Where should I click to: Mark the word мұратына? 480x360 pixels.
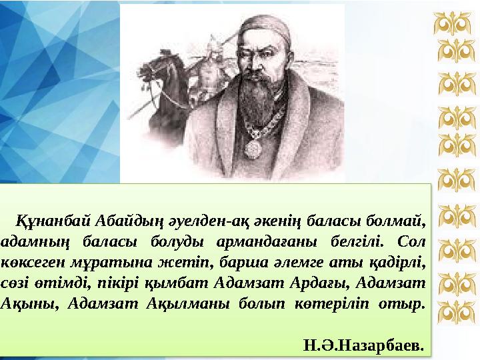point(95,261)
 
